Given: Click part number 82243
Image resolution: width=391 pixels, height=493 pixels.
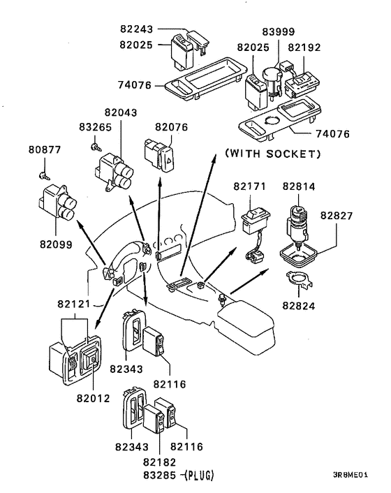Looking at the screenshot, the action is click(x=136, y=29).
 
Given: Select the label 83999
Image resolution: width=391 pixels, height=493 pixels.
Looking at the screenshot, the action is click(x=279, y=31).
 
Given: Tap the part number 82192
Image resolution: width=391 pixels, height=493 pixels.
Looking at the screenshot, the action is click(x=304, y=47).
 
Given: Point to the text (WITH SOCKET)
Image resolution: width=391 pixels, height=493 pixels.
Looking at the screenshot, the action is click(x=273, y=154).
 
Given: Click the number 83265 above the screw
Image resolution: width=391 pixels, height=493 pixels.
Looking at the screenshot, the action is click(x=95, y=127).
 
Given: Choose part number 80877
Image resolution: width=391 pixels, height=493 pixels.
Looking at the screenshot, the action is click(x=45, y=149).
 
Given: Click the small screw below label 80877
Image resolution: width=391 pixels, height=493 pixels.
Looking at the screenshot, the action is click(x=44, y=176).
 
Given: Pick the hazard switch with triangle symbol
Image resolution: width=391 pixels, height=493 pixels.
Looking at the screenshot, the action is click(x=160, y=155).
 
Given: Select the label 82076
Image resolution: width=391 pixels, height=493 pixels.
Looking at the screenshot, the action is click(x=171, y=127).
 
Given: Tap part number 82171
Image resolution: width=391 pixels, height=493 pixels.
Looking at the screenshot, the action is click(x=249, y=186).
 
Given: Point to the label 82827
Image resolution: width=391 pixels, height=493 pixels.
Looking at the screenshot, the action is click(x=337, y=216).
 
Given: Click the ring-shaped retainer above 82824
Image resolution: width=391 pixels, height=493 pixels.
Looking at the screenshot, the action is click(x=299, y=279).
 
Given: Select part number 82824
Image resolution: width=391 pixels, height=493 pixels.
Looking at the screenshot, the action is click(x=299, y=306).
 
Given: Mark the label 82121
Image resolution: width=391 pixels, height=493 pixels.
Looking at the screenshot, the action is click(x=73, y=304).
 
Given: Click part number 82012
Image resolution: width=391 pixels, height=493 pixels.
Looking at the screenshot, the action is click(x=93, y=398).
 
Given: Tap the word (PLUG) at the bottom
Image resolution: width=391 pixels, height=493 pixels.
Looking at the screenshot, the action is click(x=199, y=476).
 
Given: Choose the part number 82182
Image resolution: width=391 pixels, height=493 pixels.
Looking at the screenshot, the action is click(x=159, y=462).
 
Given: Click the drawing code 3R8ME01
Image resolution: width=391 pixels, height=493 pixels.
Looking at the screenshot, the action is click(x=350, y=475).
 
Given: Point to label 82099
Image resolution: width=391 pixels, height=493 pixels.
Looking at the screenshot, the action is click(x=56, y=244).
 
